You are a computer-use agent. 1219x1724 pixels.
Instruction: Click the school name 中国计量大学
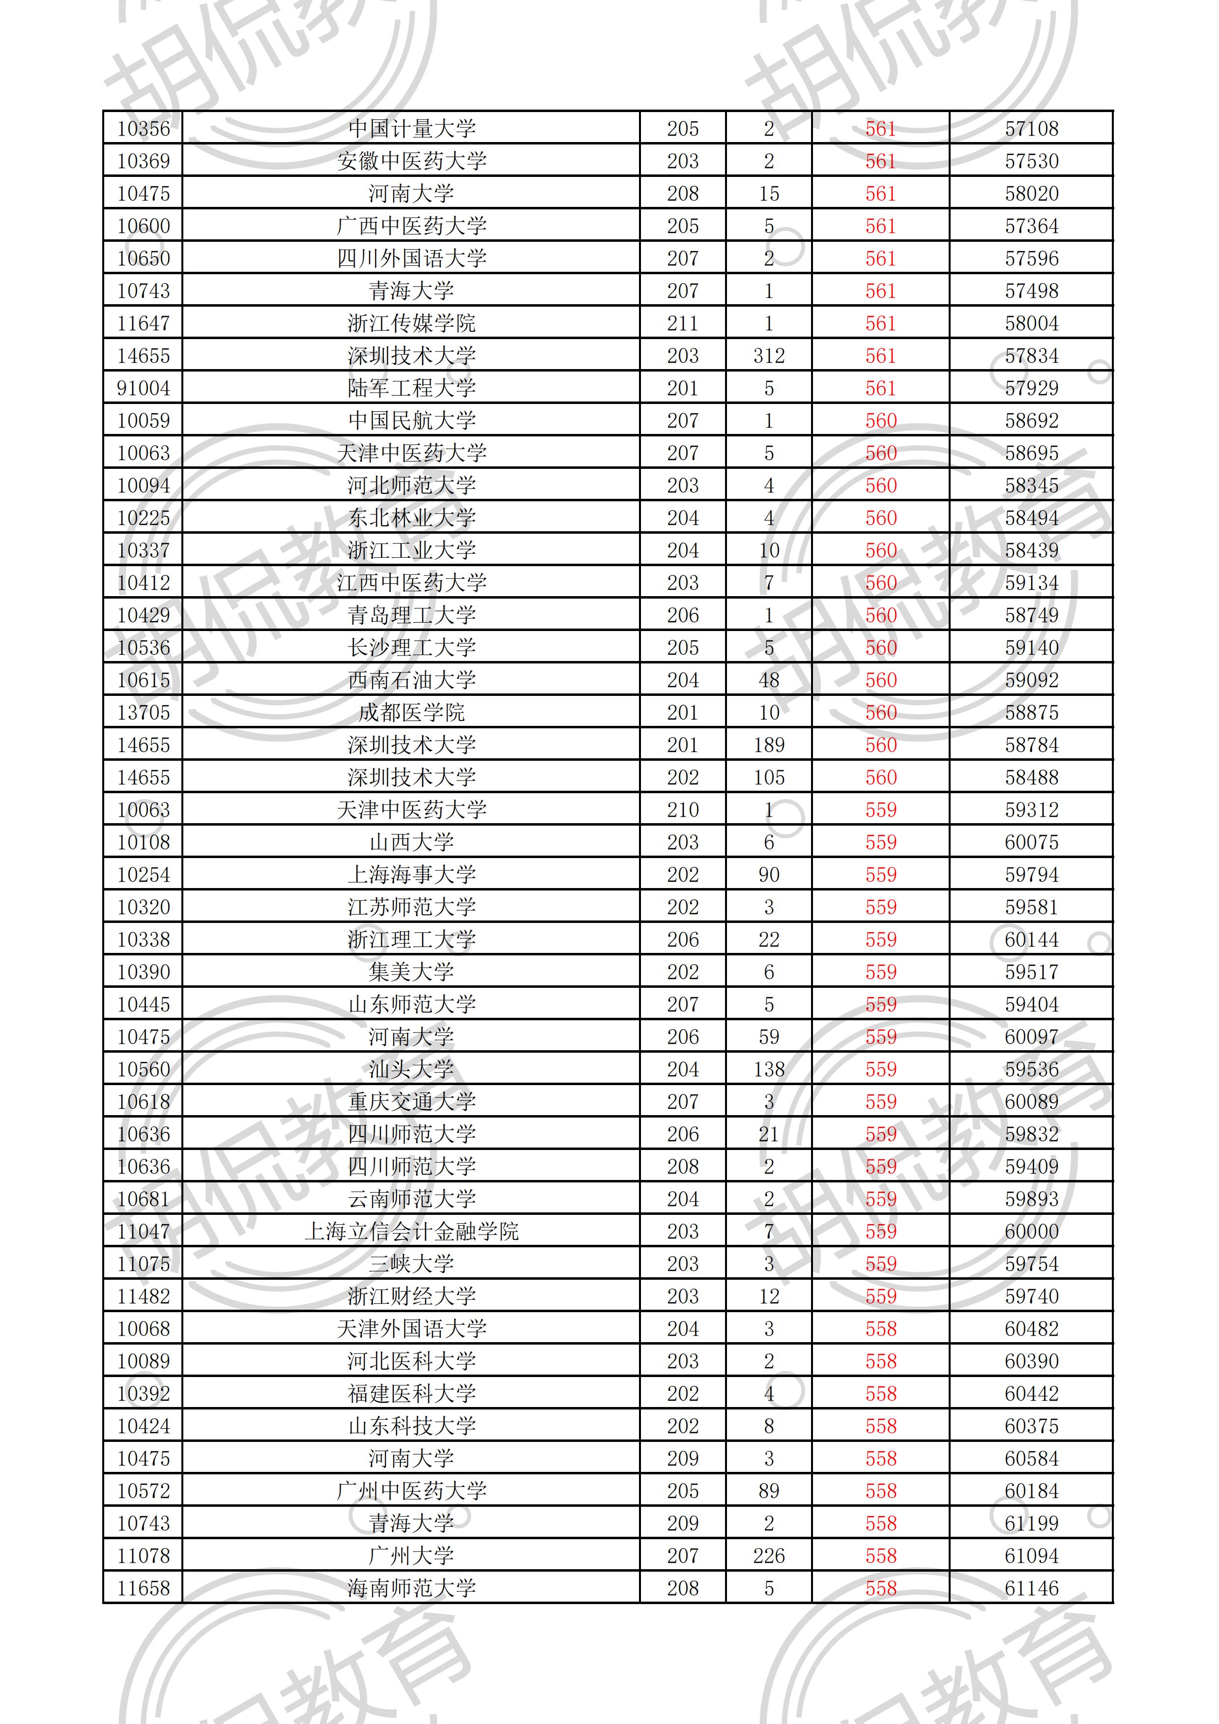(x=411, y=128)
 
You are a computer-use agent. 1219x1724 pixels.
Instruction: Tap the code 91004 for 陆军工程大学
(x=144, y=388)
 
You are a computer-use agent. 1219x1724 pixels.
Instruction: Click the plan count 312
(x=768, y=356)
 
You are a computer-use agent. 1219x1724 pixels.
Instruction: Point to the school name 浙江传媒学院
(x=411, y=324)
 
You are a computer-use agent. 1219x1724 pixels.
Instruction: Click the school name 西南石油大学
(x=411, y=680)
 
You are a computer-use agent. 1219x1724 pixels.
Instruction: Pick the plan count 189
(x=768, y=745)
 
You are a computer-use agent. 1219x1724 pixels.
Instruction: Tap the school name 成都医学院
(x=411, y=713)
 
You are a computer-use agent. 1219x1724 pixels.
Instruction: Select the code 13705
(x=144, y=713)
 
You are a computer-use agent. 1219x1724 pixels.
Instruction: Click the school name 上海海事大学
(x=411, y=875)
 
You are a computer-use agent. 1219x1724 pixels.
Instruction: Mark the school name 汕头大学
(x=411, y=1069)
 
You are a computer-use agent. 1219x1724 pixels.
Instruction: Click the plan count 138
(x=768, y=1069)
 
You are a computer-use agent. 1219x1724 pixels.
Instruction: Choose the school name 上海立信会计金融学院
(x=411, y=1232)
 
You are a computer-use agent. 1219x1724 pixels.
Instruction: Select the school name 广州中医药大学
(x=411, y=1491)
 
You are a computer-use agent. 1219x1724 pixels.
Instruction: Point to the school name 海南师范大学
(x=411, y=1588)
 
